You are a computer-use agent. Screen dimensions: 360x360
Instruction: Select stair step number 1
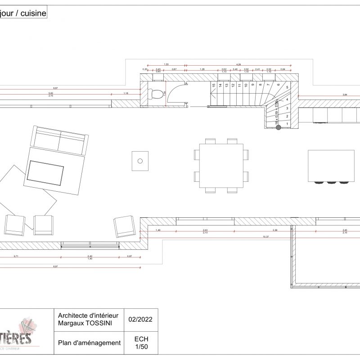point(288,123)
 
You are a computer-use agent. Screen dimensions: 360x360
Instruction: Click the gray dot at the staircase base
point(279,128)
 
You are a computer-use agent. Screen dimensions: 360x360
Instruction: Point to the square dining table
point(221,166)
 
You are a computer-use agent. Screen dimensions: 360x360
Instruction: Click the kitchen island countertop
point(331,165)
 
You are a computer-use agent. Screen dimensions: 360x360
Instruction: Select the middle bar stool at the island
point(332,183)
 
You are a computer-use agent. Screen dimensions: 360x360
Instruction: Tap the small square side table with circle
point(140,161)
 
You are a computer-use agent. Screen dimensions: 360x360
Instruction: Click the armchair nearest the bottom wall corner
point(124,226)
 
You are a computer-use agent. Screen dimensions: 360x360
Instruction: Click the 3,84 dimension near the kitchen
point(345,95)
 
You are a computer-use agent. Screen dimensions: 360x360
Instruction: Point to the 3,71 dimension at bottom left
point(16,256)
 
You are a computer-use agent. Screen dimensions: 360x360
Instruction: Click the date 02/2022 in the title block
point(140,320)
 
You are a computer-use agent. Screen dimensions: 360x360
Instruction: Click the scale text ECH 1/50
point(141,343)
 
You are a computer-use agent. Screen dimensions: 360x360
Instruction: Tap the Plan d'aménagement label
point(90,343)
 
